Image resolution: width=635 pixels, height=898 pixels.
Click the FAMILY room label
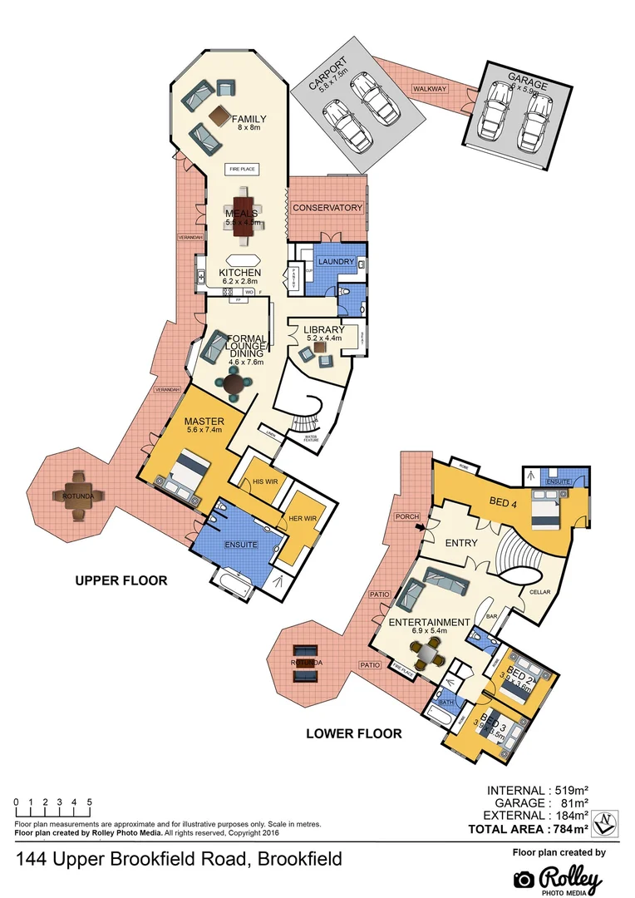click(249, 118)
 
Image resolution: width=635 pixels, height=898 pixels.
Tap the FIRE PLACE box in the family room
click(244, 169)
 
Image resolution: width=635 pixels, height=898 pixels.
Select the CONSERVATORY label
click(328, 207)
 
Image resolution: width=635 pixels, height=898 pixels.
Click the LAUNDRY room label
click(336, 262)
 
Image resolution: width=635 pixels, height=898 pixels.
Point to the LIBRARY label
click(323, 330)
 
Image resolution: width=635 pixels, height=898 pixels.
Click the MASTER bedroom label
click(204, 422)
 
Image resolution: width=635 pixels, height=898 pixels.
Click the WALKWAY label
click(430, 89)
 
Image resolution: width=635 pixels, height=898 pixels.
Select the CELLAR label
click(539, 591)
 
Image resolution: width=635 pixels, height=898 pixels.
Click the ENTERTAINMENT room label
click(430, 622)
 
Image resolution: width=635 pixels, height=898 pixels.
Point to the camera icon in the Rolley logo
click(524, 880)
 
